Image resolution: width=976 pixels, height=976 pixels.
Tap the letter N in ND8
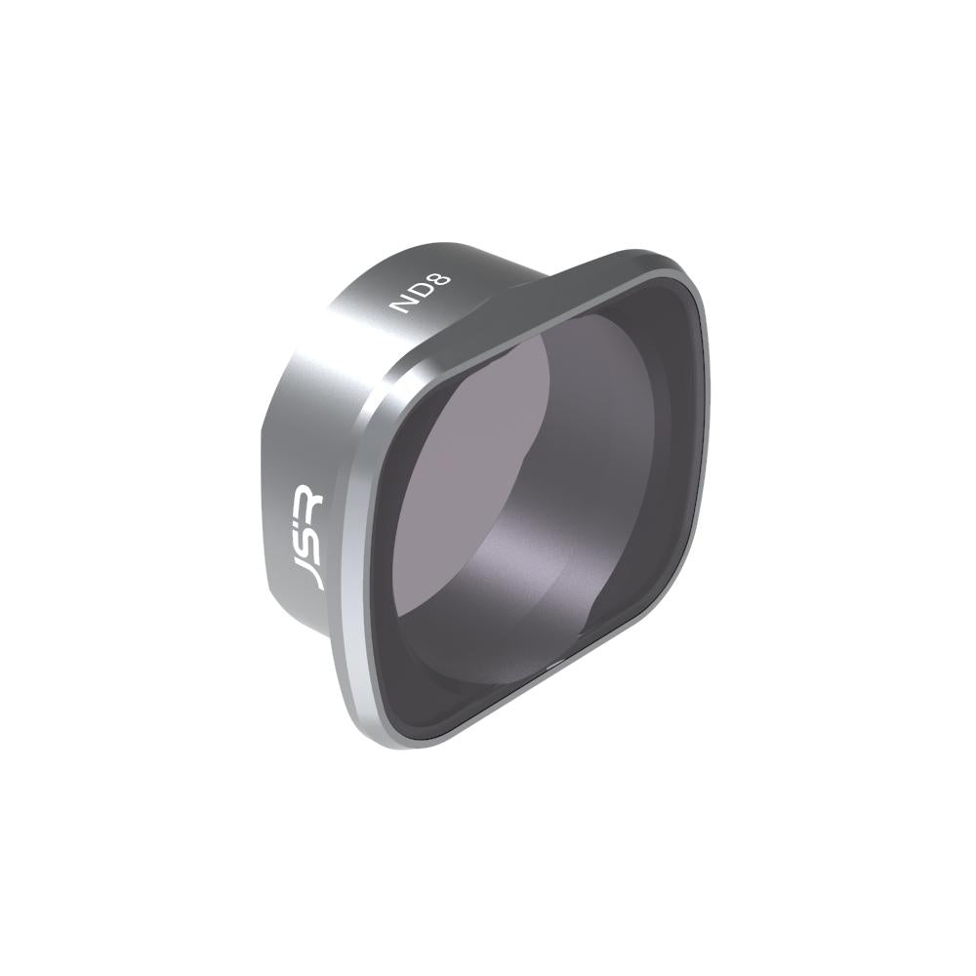coord(400,305)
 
